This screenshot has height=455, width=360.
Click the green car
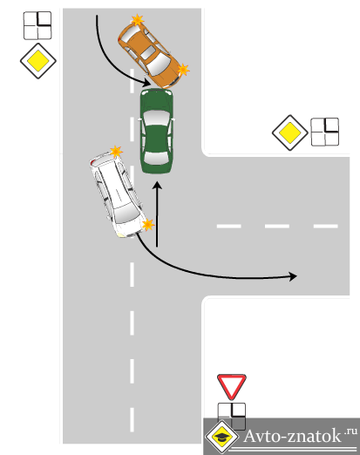point(157,132)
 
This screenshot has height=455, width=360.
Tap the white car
point(118,194)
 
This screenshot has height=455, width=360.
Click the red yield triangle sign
point(232,387)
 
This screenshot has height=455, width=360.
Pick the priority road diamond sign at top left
point(38,61)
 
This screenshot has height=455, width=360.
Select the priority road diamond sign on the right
point(289,132)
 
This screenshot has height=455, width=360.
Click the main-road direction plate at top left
point(37,25)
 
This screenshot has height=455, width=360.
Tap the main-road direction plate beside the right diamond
point(325,132)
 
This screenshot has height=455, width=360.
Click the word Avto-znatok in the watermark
point(292,436)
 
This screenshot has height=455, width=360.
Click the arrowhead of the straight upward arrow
point(158,186)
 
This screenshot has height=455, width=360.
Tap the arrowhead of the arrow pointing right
point(293,276)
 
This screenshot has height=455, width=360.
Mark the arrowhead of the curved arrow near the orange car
point(146,83)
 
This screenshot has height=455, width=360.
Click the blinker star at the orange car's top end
point(137,20)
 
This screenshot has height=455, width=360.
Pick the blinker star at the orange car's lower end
point(183,70)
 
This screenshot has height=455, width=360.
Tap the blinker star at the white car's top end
point(116,152)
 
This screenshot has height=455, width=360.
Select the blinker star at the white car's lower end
point(148,225)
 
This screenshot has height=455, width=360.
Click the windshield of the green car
point(156,119)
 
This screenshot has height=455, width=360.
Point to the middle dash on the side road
point(277,226)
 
